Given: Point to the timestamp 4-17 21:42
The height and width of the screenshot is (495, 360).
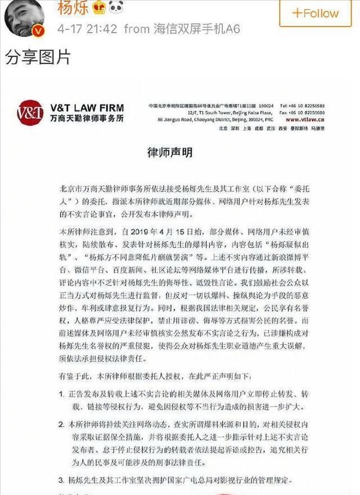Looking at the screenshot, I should click(x=87, y=28).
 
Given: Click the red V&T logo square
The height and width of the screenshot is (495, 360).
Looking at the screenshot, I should click(x=30, y=112).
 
